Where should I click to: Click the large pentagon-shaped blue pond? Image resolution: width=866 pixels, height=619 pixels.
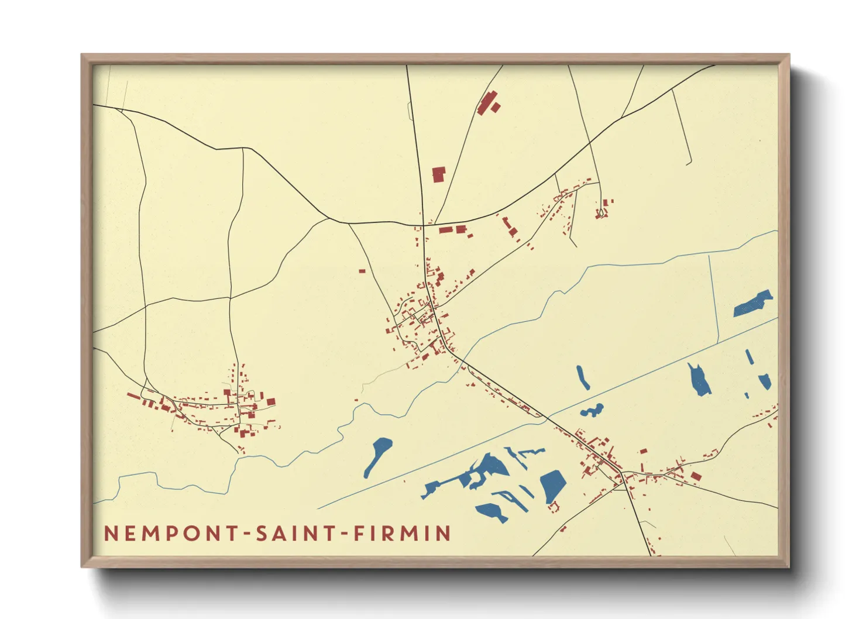point(552,486)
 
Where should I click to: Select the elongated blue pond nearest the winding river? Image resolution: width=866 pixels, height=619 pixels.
point(377,456)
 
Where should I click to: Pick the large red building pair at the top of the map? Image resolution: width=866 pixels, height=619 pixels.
point(487,103)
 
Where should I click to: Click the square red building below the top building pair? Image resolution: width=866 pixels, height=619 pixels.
point(438,174)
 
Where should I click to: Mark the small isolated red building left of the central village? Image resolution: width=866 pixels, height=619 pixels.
point(362,271)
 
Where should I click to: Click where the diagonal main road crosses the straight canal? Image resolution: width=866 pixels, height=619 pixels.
point(547,418)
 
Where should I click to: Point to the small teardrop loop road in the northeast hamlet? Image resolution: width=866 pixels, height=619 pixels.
point(601,212)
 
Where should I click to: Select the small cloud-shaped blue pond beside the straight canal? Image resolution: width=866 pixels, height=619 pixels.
point(592,410)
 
